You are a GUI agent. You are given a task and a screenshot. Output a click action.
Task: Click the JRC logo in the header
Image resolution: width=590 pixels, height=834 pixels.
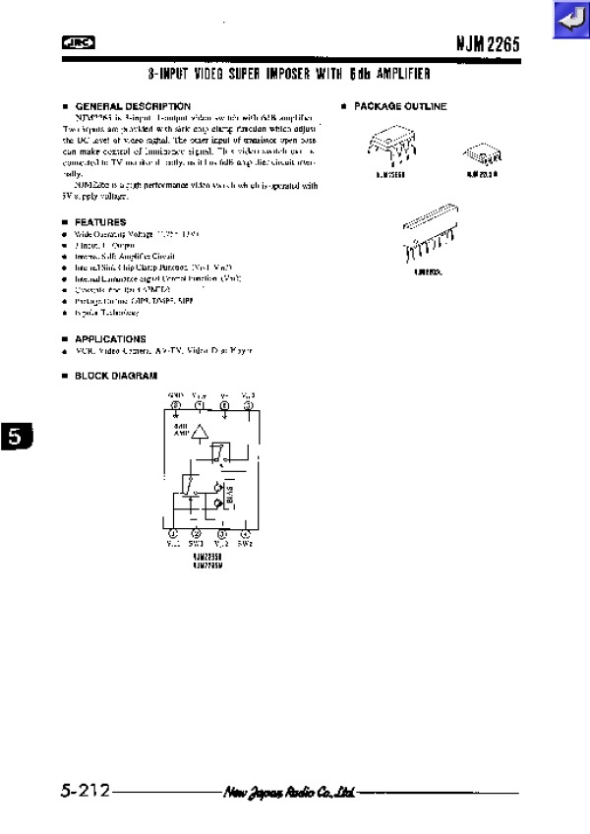pos(75,43)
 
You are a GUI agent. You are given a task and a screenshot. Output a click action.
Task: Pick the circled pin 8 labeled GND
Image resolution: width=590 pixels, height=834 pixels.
pos(176,405)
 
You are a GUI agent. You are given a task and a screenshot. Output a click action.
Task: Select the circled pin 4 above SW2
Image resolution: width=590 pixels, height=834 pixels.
pos(247,533)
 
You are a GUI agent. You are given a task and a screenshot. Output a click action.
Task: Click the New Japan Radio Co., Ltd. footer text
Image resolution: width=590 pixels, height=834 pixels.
pos(289,792)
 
